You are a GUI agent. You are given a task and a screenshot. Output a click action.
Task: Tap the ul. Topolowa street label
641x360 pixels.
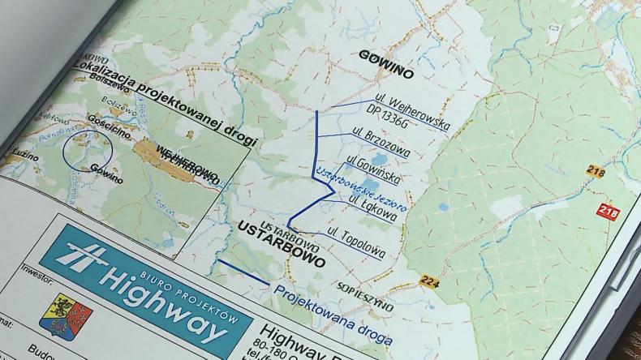[356, 242]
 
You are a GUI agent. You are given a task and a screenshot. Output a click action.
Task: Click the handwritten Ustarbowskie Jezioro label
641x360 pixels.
[359, 187]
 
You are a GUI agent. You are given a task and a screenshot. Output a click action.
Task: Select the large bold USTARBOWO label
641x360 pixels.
[282, 246]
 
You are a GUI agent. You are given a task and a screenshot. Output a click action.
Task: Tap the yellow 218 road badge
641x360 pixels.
[595, 171]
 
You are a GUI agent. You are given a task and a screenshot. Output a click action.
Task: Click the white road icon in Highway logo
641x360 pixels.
[85, 258]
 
